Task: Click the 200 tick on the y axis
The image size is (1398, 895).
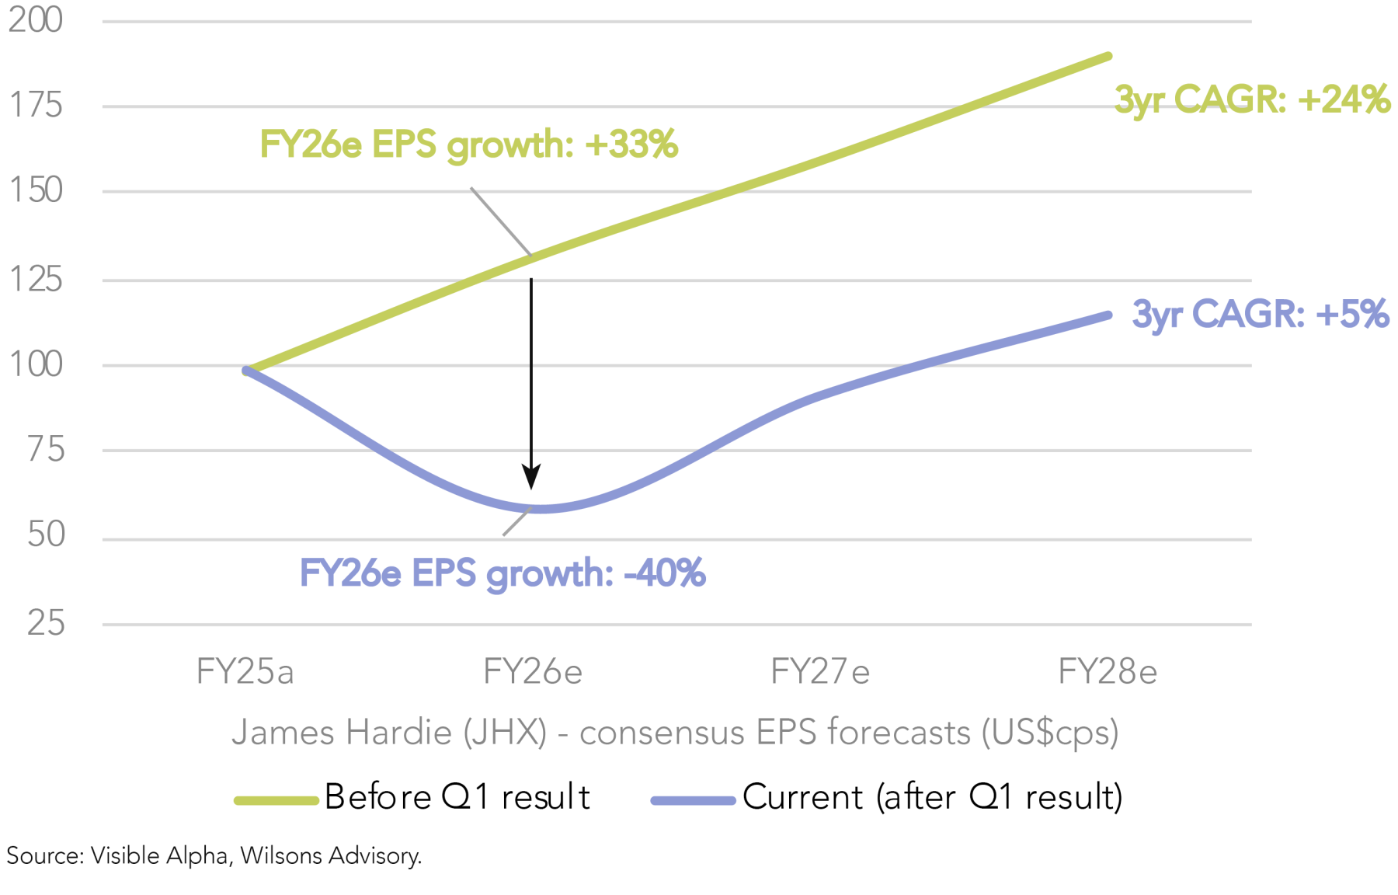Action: [x=36, y=19]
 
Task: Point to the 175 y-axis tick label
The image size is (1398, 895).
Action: [x=36, y=105]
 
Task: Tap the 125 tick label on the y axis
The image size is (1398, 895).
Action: [x=36, y=279]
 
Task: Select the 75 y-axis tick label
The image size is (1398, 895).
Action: [x=46, y=449]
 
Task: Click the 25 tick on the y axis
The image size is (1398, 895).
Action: [x=46, y=623]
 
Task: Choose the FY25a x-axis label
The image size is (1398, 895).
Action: [x=245, y=671]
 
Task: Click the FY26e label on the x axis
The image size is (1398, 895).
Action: [x=532, y=671]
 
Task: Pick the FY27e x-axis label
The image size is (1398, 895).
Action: [x=819, y=671]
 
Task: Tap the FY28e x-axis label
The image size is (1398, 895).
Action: [x=1107, y=671]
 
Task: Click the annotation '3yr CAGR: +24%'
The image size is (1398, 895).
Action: [x=1251, y=99]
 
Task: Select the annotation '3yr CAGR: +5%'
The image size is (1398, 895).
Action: [x=1260, y=314]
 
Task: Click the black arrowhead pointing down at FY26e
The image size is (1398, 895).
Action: [x=531, y=476]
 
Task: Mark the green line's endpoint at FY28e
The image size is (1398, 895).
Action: [x=1108, y=57]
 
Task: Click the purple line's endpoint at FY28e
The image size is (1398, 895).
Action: [x=1108, y=315]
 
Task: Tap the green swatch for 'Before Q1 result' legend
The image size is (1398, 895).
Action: [x=276, y=800]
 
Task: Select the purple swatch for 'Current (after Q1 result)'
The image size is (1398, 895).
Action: [x=693, y=800]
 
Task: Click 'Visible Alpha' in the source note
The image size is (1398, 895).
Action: [x=159, y=855]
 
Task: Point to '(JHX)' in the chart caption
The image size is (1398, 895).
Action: [x=505, y=732]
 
